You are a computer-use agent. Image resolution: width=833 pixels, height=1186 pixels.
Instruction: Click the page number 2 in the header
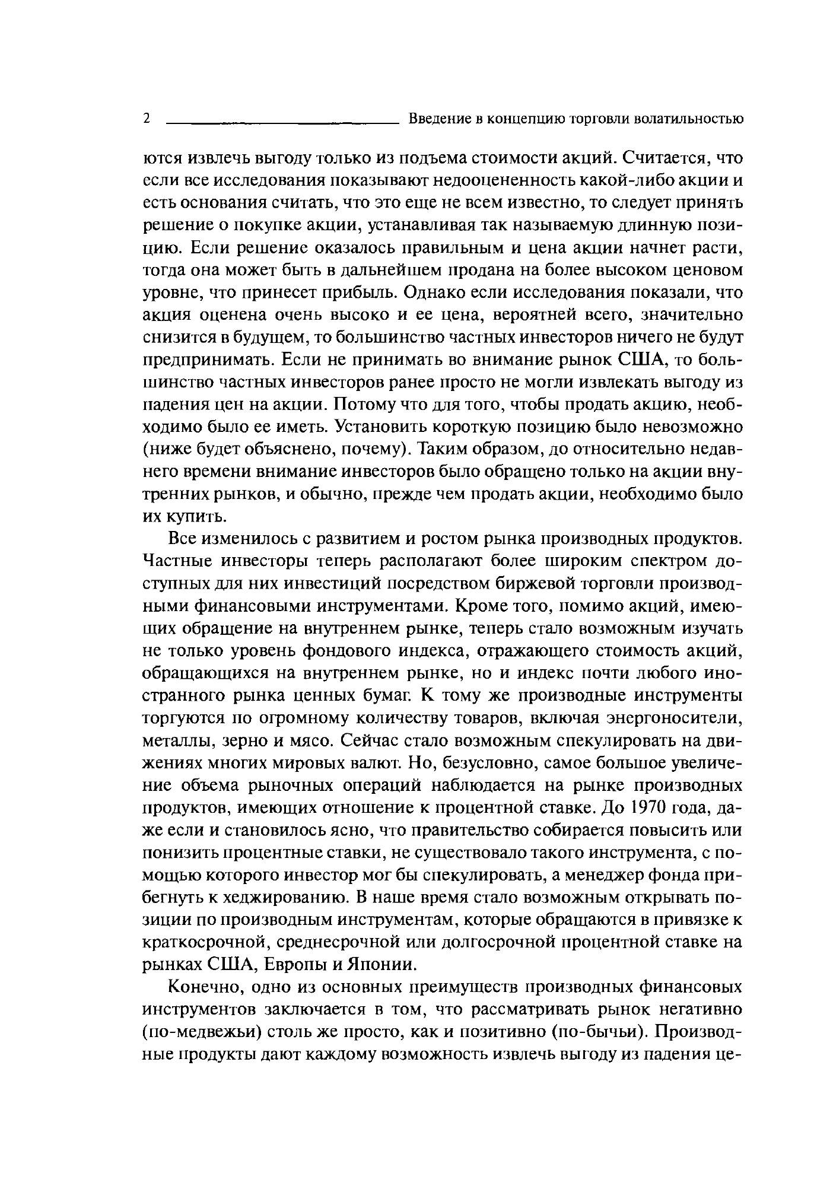click(x=147, y=119)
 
